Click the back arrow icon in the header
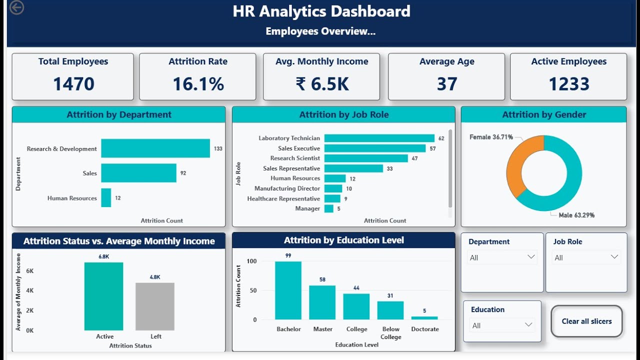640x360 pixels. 16,7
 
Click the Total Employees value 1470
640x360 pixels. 73,84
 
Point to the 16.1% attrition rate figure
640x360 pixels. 198,84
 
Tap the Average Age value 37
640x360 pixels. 446,84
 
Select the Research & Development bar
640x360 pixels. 155,148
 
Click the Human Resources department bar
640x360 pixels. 106,198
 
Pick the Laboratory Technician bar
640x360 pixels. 379,138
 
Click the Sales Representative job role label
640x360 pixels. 291,168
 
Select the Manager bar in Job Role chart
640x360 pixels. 328,208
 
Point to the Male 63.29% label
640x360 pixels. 576,215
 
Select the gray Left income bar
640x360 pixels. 155,306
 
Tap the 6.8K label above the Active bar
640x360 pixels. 103,256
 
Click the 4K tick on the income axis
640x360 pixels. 29,290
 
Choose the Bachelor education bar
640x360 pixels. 288,290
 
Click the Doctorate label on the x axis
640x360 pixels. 425,329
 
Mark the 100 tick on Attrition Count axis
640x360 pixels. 251,261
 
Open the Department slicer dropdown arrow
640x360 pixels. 530,257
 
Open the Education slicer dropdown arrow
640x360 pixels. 528,325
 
